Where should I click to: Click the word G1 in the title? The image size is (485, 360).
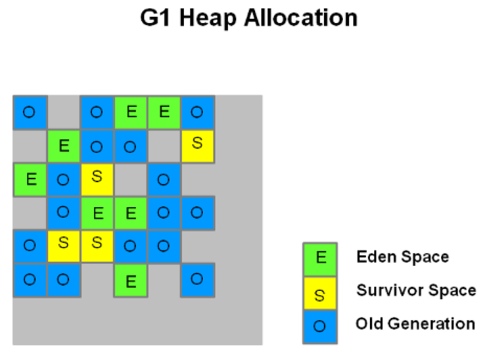[155, 18]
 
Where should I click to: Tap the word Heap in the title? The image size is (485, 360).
[208, 18]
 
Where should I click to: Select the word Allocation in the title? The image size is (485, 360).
[301, 18]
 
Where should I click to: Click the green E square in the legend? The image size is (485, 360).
[320, 259]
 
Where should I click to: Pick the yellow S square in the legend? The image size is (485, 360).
[320, 293]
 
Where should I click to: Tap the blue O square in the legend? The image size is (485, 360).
[320, 326]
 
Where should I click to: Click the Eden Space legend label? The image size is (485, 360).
[402, 257]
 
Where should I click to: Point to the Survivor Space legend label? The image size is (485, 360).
[416, 291]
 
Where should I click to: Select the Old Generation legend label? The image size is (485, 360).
[416, 324]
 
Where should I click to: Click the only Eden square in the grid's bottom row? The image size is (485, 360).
[131, 280]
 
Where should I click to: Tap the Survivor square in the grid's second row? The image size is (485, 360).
[198, 146]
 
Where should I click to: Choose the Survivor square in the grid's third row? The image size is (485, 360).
[97, 179]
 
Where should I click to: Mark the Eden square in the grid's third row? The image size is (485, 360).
[30, 179]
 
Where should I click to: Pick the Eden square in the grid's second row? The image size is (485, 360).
[64, 146]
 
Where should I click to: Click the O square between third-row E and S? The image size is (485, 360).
[64, 179]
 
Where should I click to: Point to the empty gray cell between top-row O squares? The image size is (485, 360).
[64, 112]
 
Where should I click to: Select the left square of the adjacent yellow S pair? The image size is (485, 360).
[64, 246]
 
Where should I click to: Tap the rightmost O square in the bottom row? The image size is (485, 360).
[198, 280]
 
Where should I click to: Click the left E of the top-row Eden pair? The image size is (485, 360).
[131, 112]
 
